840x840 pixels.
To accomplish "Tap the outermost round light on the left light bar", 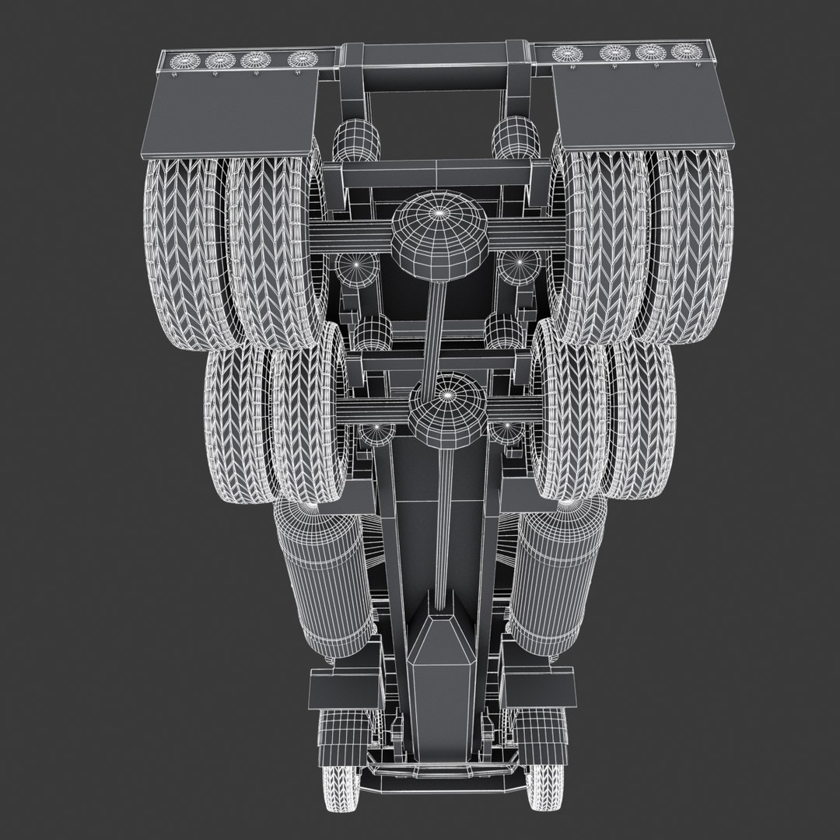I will click(x=184, y=60).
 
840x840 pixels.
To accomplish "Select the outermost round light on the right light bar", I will click(x=686, y=52).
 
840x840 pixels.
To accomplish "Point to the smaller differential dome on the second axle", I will click(x=447, y=408).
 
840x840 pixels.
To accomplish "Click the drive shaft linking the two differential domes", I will click(x=436, y=327).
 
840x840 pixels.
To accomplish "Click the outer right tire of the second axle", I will click(x=642, y=420).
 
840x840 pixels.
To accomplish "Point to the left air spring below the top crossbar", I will click(x=356, y=140).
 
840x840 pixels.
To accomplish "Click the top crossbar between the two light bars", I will click(x=436, y=56).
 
